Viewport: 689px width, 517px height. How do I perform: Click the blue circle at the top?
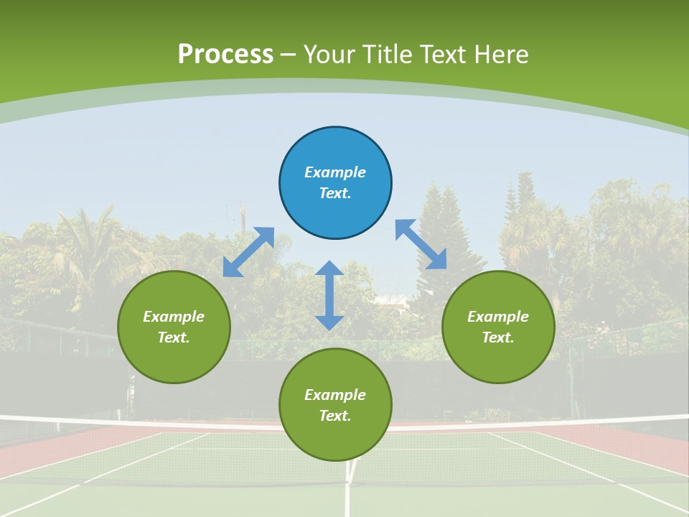tap(335, 183)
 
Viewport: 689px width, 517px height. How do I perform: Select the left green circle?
tap(174, 327)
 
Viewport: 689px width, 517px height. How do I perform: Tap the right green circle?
tap(498, 327)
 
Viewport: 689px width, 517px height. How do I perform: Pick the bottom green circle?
tap(335, 405)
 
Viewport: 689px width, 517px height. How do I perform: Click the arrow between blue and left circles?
tap(248, 252)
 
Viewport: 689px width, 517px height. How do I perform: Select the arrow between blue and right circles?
tap(421, 244)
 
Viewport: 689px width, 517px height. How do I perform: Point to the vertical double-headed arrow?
tap(329, 296)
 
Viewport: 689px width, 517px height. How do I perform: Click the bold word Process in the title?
tap(225, 55)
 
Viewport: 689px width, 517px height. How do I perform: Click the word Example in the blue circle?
tap(335, 172)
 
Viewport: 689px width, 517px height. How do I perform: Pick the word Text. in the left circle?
tap(174, 337)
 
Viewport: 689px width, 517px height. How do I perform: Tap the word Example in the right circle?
tap(498, 317)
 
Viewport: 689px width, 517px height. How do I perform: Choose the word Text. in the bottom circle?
tap(335, 416)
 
